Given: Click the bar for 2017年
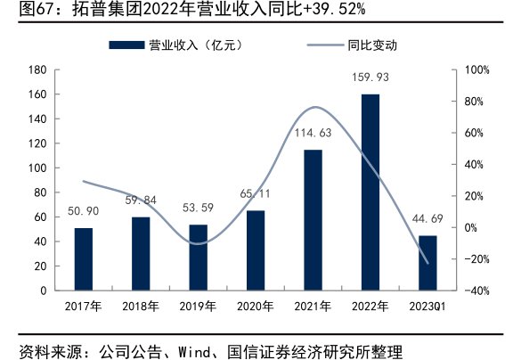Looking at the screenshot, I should point(83,258).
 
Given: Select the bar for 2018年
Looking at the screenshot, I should point(141,253).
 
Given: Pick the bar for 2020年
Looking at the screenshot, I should point(256,250).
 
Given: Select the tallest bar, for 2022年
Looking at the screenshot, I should point(370,192).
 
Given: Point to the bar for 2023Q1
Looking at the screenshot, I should point(427,262).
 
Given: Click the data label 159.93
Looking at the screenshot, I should point(370,78).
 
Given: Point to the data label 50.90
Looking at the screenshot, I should point(83,212).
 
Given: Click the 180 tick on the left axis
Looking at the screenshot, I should point(37,70).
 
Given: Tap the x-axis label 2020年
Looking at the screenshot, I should point(256,307).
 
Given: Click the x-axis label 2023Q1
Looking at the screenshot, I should point(428,307).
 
